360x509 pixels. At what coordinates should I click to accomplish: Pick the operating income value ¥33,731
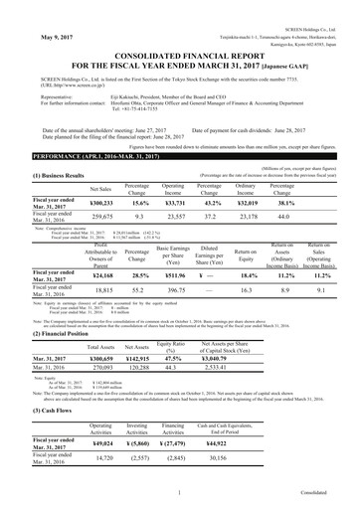point(172,202)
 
